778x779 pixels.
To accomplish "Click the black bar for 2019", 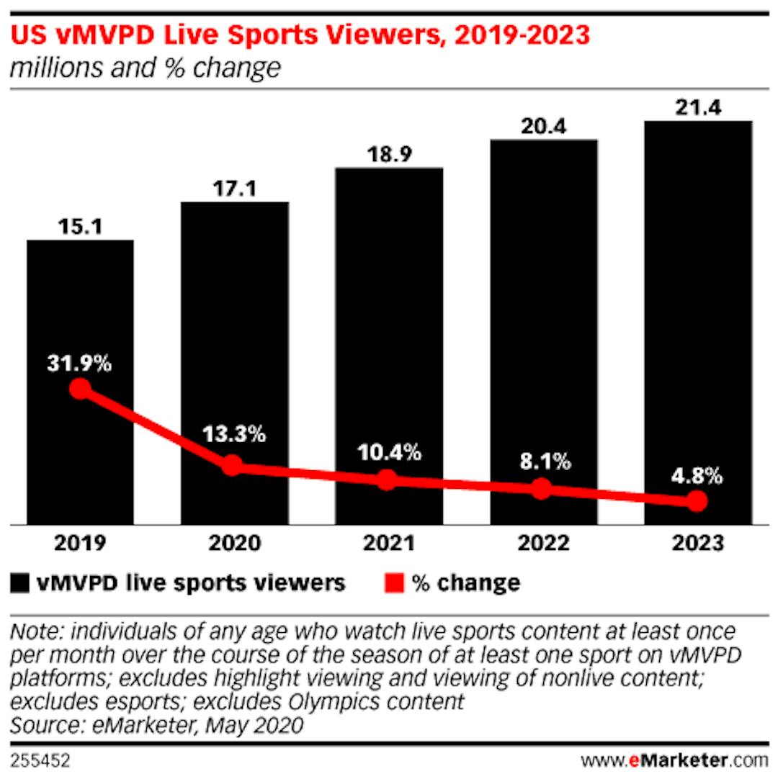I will (x=80, y=310).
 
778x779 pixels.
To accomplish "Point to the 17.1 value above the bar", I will (x=234, y=189).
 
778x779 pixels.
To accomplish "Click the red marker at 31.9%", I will (x=80, y=389).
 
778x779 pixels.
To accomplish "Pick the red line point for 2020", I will (x=232, y=465).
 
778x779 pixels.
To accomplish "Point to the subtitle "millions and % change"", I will (x=144, y=68).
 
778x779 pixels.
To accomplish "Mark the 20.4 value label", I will (x=543, y=127).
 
